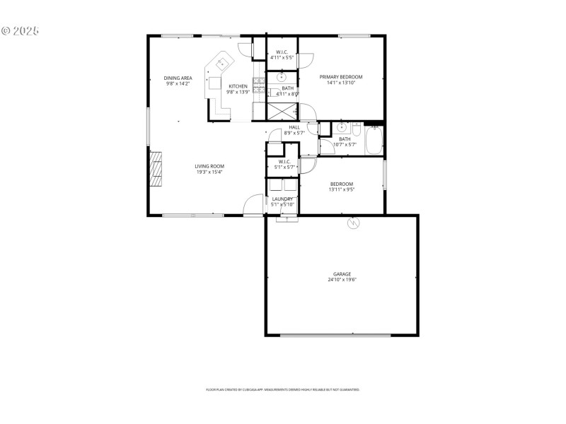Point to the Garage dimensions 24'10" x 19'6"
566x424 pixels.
click(342, 280)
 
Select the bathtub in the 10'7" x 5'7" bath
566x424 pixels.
click(374, 139)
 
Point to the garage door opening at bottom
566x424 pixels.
click(335, 335)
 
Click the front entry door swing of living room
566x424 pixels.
click(250, 206)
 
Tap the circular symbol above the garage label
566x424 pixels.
click(353, 224)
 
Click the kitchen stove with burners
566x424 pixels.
click(259, 86)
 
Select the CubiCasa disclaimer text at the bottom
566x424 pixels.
click(282, 389)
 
